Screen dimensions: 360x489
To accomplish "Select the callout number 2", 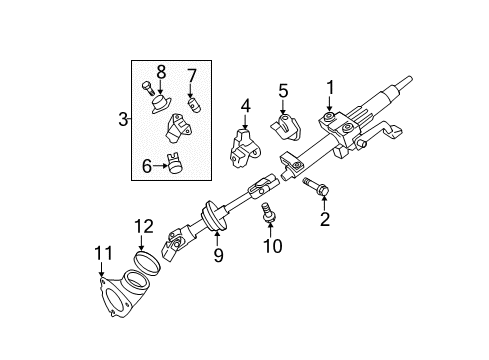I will pyautogui.click(x=324, y=219).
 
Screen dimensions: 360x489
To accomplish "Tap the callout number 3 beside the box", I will pyautogui.click(x=123, y=120).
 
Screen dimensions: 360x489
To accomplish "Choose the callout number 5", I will pyautogui.click(x=283, y=91).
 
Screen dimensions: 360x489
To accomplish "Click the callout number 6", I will pyautogui.click(x=147, y=167).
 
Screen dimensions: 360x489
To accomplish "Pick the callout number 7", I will pyautogui.click(x=193, y=73).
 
